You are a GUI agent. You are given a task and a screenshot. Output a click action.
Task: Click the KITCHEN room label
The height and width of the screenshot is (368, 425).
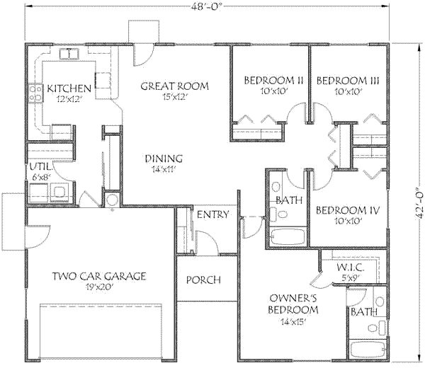pos(69,88)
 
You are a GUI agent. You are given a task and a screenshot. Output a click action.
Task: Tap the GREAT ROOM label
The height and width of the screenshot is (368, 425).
pos(174,86)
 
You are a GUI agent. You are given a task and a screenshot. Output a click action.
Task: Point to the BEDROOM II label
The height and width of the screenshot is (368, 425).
pos(273,81)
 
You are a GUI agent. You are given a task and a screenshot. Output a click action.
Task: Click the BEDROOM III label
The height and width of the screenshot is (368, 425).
pos(348,81)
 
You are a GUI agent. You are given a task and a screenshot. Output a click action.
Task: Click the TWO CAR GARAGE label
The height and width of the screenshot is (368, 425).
pos(99,276)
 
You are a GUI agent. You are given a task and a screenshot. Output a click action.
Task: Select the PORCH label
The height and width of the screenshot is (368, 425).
pos(203,280)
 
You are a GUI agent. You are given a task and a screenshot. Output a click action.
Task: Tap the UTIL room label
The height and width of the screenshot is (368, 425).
pos(39,166)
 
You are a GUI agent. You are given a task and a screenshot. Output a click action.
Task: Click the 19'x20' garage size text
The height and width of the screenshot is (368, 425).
pos(99,287)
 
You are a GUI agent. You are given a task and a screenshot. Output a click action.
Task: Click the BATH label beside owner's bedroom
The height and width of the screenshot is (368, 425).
pos(362,311)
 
